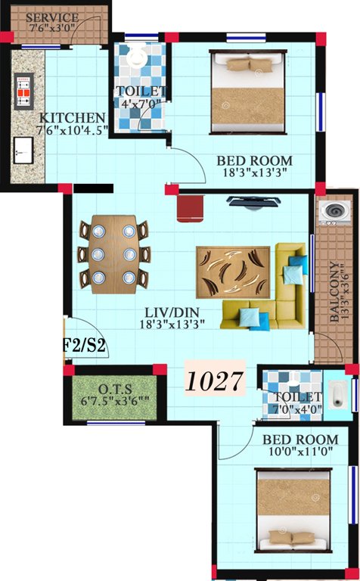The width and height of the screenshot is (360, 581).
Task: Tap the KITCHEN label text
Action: coord(73,118)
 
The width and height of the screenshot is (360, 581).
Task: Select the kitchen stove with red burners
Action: coord(23,89)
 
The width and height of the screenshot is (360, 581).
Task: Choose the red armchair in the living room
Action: coord(192,207)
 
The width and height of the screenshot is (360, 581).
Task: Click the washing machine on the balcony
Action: coord(334,214)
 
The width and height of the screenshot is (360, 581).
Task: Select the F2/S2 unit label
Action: coord(83,347)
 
